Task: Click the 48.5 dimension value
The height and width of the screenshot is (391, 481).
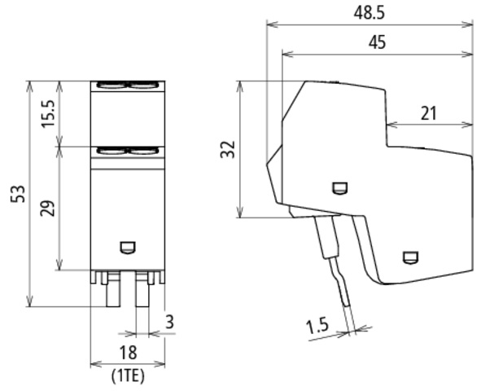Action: (x=369, y=13)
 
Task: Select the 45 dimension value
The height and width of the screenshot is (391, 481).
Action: (x=377, y=42)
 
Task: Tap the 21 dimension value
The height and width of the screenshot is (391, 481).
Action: (x=428, y=113)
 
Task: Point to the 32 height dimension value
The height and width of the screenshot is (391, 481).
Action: (x=228, y=149)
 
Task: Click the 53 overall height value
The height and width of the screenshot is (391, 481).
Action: (x=18, y=194)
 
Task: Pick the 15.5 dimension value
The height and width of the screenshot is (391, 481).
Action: (x=48, y=113)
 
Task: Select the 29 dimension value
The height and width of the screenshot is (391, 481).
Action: (x=48, y=208)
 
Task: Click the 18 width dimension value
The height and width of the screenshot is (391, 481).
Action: (x=128, y=353)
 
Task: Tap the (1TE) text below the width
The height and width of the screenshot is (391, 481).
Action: (x=128, y=376)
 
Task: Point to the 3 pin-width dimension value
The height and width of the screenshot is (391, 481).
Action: (x=169, y=322)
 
